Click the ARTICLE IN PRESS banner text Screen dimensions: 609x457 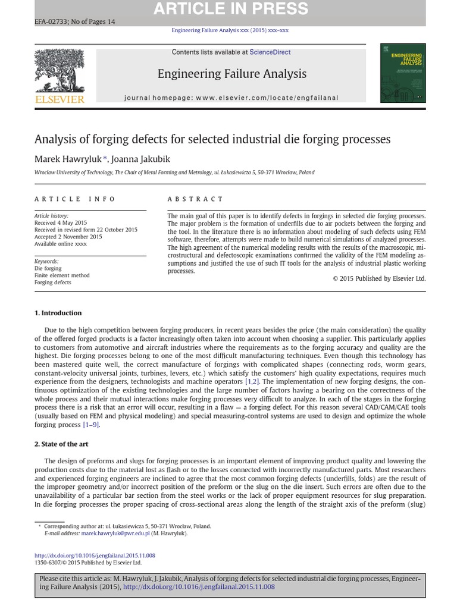coord(231,9)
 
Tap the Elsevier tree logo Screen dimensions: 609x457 coord(60,71)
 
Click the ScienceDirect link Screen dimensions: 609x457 coord(270,52)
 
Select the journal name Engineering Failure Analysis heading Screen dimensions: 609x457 coord(231,74)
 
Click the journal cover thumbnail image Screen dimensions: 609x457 coord(403,73)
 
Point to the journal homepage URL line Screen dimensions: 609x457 coord(231,98)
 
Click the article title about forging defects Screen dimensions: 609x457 coord(212,139)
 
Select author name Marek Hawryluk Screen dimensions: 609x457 coord(68,159)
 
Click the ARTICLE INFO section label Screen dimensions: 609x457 coord(75,199)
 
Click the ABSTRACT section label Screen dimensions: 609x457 coord(195,199)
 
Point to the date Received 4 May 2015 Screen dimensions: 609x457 coord(61,222)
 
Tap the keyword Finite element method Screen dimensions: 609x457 coord(62,275)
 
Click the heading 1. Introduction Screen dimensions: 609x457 coord(58,313)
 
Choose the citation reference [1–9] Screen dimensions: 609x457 coord(91,425)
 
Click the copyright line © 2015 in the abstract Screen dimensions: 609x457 coord(379,278)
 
